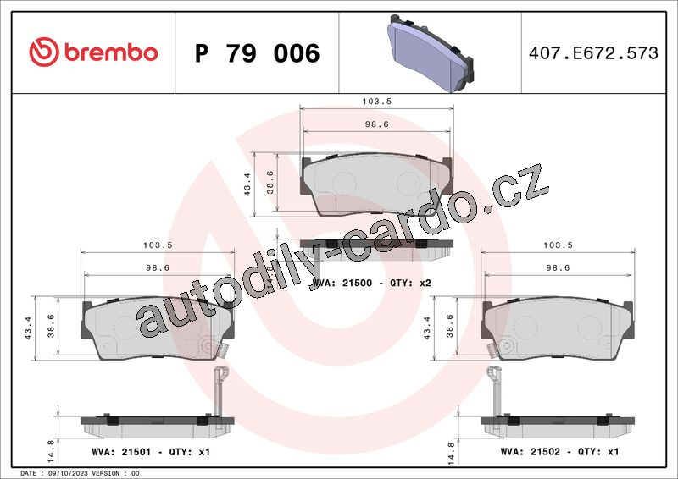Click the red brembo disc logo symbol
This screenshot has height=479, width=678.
[x=44, y=52]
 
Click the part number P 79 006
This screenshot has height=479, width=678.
[x=258, y=53]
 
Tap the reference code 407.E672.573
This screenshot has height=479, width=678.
[x=593, y=52]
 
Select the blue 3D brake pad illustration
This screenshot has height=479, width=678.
[x=430, y=53]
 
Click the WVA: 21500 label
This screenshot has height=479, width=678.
[x=342, y=283]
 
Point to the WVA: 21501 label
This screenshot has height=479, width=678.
[x=121, y=452]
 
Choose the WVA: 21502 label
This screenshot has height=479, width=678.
[x=531, y=452]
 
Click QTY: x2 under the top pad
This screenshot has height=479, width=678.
[x=410, y=283]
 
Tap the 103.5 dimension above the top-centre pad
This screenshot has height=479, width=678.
[x=376, y=101]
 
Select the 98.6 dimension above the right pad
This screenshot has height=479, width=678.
[x=558, y=267]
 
